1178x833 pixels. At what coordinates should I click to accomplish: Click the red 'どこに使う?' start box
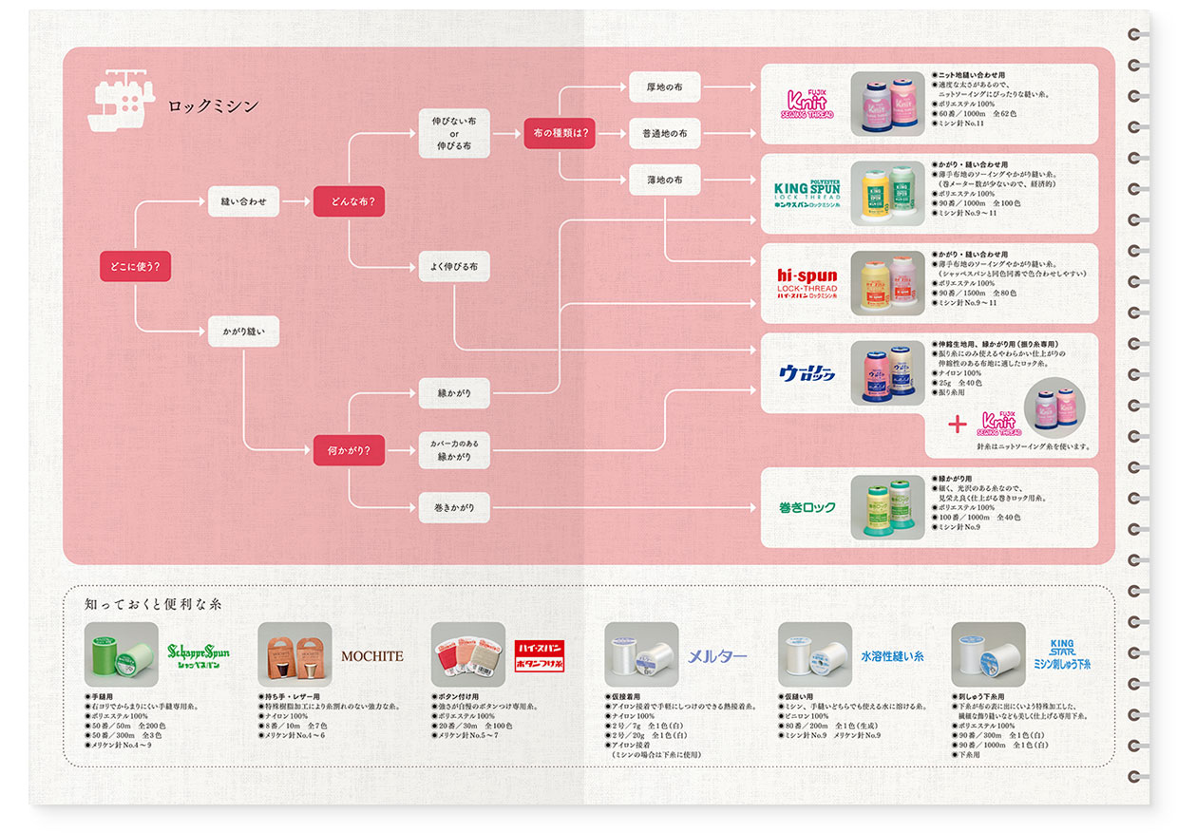135,267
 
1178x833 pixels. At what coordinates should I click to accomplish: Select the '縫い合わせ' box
243,201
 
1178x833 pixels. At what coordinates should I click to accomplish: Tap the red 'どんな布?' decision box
349,201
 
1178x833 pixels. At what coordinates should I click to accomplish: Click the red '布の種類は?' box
560,133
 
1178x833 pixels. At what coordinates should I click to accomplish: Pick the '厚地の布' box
665,87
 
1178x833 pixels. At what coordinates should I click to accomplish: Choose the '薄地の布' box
665,180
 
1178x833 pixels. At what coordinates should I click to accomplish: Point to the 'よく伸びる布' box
454,267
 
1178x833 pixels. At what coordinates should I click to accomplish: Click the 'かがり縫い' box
243,331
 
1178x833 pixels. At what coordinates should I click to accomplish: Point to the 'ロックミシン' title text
213,106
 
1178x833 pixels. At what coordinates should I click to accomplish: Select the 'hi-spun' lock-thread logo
807,283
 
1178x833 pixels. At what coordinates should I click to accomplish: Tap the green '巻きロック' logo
807,507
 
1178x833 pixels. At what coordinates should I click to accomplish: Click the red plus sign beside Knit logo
958,423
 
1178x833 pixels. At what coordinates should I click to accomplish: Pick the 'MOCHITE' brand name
371,655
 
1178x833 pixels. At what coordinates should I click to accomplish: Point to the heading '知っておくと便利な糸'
153,603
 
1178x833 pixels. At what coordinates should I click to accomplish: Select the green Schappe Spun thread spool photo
122,654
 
